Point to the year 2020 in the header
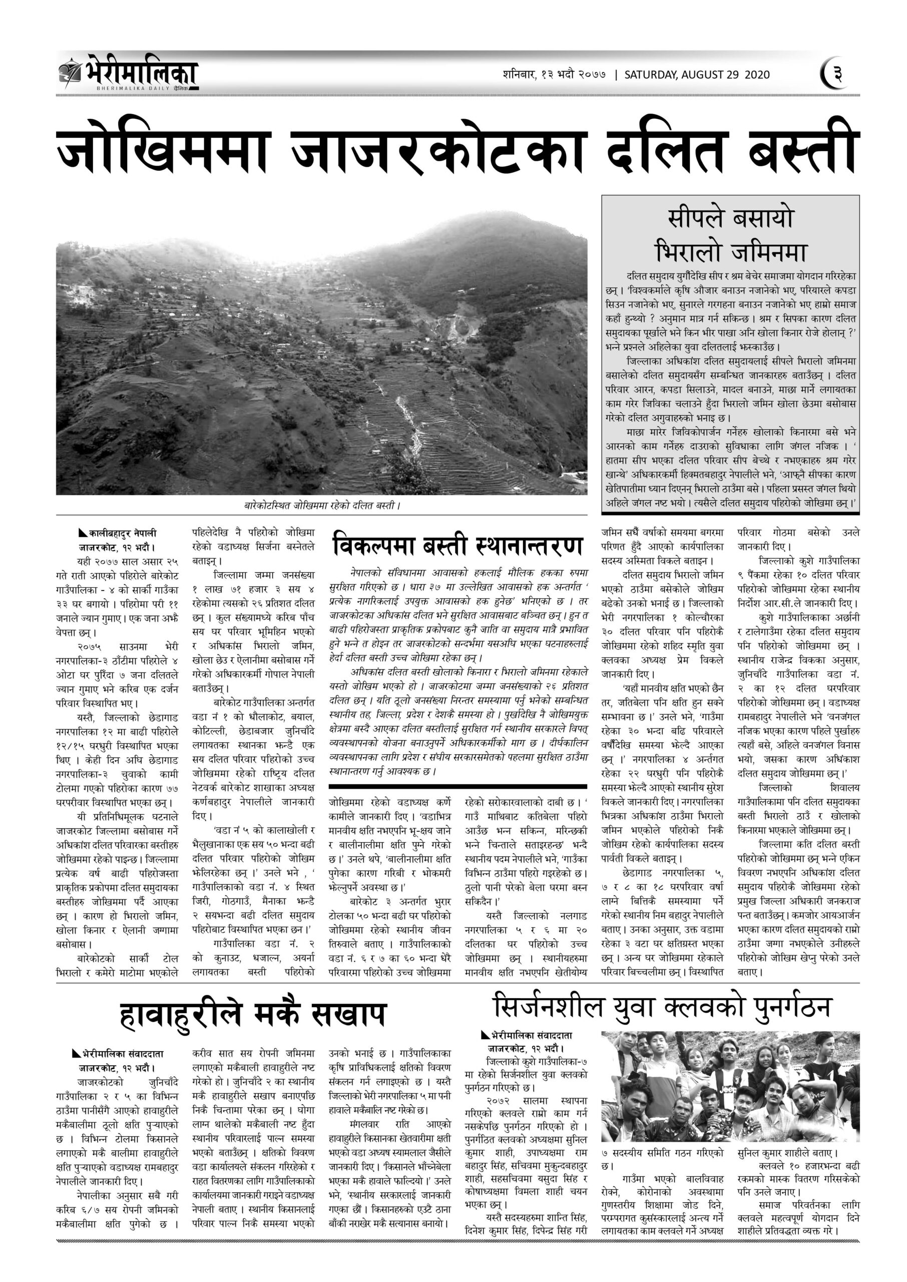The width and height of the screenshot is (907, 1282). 757,75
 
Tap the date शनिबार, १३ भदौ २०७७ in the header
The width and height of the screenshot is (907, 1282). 549,75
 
